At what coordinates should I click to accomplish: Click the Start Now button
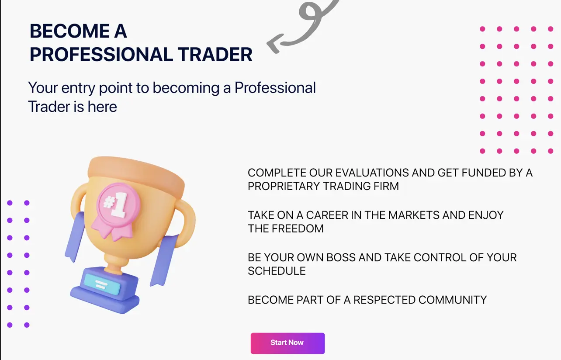pos(287,343)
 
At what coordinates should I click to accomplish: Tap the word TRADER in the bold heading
pos(215,54)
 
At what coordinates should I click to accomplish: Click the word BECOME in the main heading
pos(69,31)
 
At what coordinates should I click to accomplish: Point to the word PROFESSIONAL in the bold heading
pos(101,54)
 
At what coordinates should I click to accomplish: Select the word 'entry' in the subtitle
pos(78,88)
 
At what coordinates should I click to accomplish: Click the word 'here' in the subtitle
pos(102,107)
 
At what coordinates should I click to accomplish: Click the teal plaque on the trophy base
pos(102,284)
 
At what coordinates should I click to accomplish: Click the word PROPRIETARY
pos(284,186)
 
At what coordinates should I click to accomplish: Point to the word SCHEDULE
pos(277,271)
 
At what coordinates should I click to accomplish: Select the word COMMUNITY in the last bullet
pos(452,300)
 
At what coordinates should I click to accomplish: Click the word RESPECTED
pos(384,300)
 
